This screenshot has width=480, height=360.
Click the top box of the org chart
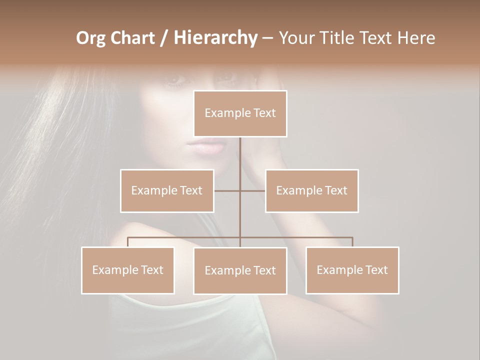click(x=240, y=113)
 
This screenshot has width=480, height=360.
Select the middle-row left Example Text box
click(x=167, y=190)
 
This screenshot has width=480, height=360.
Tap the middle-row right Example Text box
click(x=311, y=190)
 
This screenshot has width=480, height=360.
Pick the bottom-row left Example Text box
click(x=127, y=270)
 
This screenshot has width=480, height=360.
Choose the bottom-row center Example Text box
click(x=240, y=270)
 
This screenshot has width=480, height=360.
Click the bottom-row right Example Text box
click(x=352, y=270)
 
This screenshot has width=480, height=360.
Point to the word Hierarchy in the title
click(x=215, y=38)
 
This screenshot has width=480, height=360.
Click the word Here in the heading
click(x=416, y=38)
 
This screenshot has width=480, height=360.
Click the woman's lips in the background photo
click(x=205, y=147)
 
